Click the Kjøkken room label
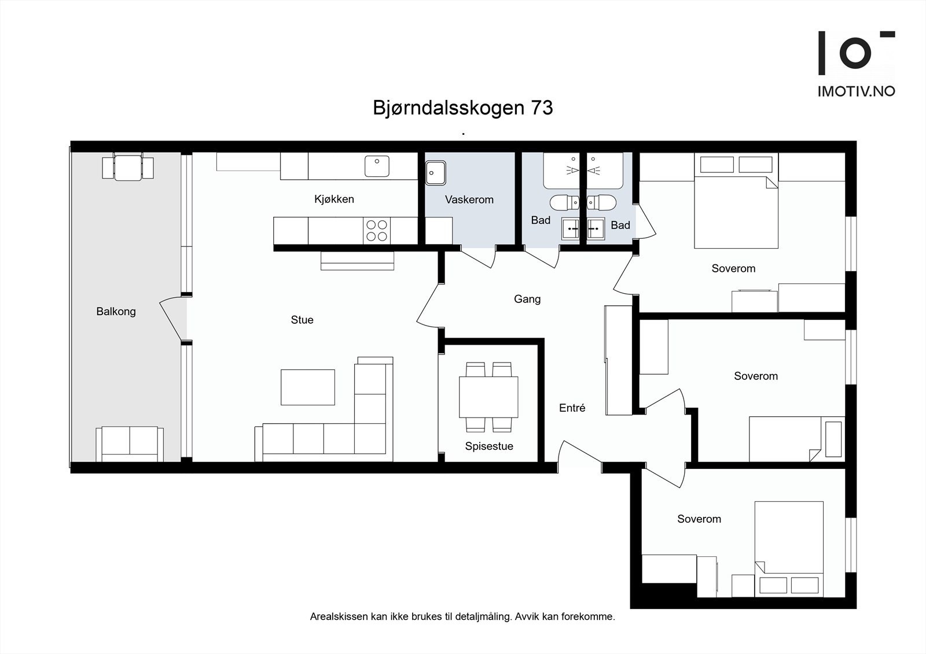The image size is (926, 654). (334, 199)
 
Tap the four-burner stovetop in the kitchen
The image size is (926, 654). (376, 231)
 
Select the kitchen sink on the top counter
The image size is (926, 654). (377, 167)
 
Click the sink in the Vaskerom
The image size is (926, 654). (435, 173)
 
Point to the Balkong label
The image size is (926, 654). (116, 312)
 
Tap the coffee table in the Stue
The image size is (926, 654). (308, 387)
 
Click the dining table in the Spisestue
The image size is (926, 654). (488, 397)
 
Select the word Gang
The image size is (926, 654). (527, 299)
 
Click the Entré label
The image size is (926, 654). (572, 408)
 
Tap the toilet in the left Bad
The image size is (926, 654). (564, 203)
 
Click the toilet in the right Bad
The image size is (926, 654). (602, 203)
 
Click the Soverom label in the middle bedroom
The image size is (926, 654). (755, 376)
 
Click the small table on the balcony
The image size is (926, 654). (128, 168)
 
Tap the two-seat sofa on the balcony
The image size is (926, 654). (130, 444)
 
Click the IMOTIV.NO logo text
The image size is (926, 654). (856, 91)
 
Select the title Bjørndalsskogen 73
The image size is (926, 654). (462, 108)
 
